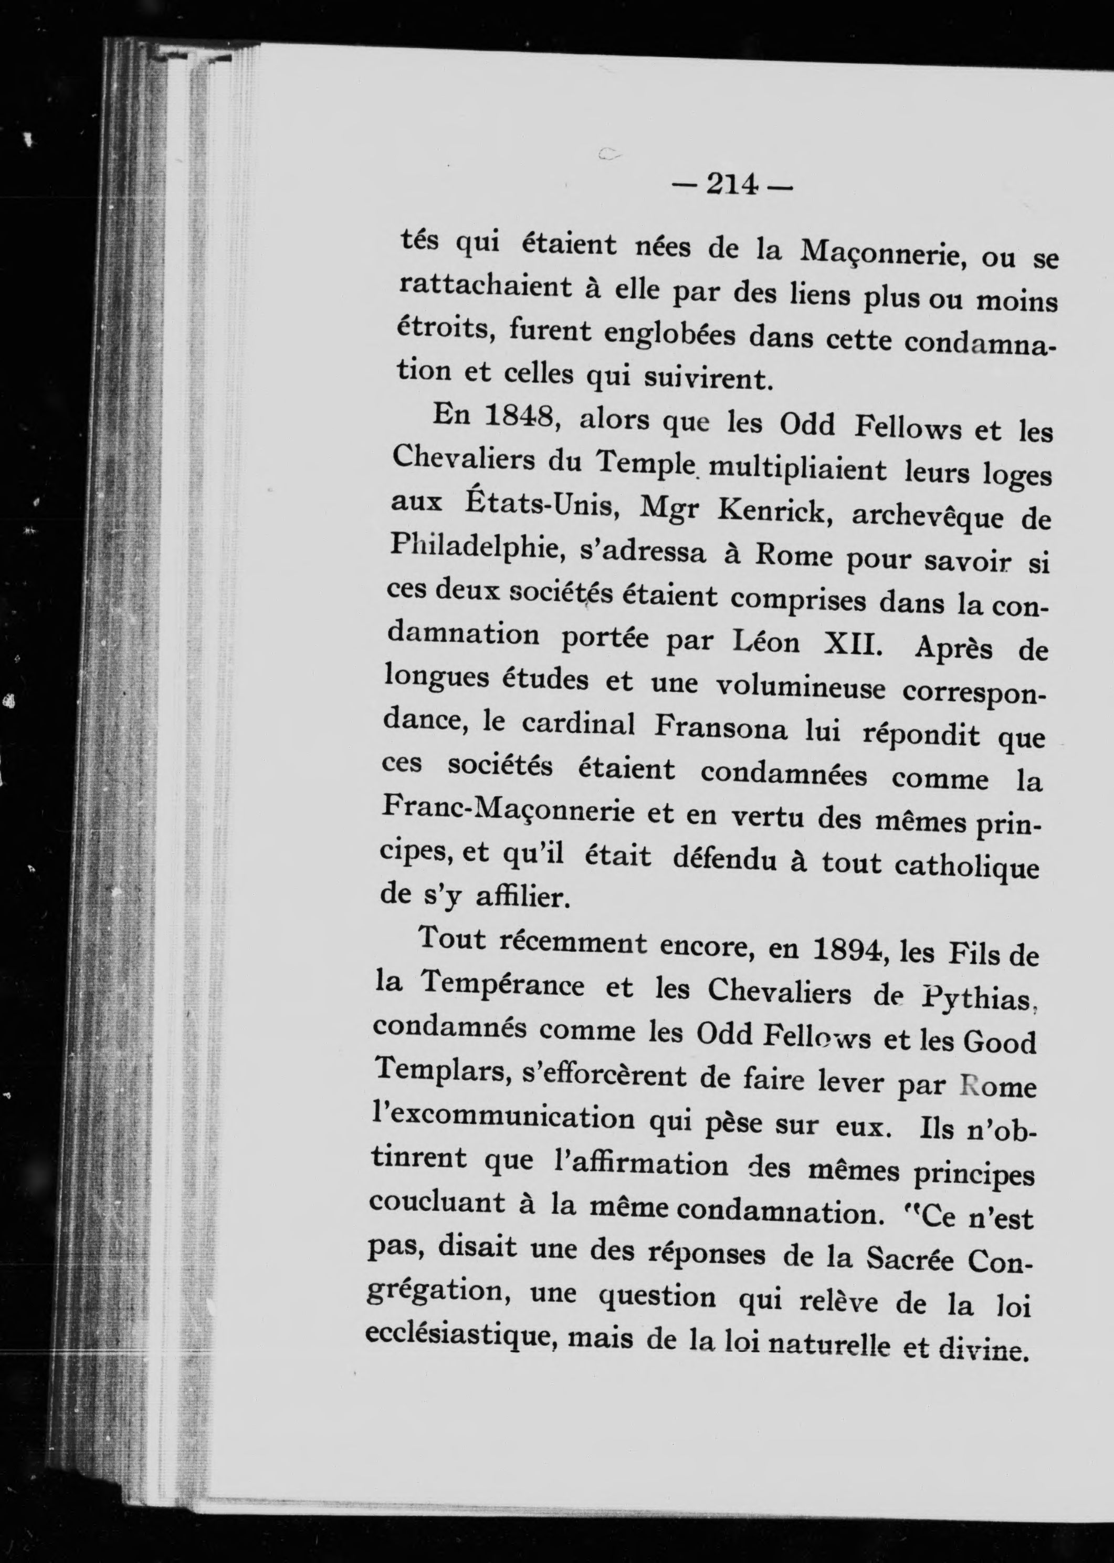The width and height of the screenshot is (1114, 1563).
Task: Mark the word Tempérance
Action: click(503, 986)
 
